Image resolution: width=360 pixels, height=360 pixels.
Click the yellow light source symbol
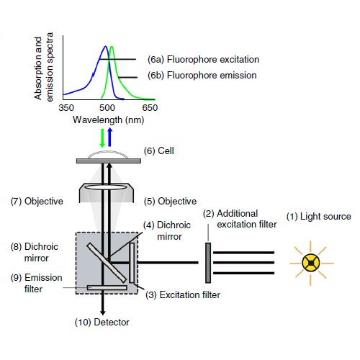coord(311,264)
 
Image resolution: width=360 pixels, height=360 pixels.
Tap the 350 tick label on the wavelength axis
coord(66,108)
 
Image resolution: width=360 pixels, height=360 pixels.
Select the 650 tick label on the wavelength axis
coord(150,108)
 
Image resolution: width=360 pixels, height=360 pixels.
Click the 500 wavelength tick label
coord(107,108)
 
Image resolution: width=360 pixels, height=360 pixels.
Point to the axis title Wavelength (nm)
coord(109,120)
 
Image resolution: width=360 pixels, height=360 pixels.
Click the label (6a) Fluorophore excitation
coord(203,60)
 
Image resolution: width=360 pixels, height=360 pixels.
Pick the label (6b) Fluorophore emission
coord(202,76)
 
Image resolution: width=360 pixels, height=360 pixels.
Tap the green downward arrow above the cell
coord(102,138)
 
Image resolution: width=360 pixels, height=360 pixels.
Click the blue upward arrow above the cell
coord(109,137)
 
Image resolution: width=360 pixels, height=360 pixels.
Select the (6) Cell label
coord(159,151)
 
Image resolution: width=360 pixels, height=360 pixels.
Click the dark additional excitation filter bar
coord(208,263)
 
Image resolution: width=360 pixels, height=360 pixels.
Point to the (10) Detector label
coord(102,323)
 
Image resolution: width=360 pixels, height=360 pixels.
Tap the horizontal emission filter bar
coord(107,287)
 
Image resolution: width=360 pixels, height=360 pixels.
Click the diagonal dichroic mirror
coord(107,263)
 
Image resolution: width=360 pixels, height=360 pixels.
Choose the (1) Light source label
coord(319,217)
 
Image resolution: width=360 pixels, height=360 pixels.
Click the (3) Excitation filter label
coord(183,295)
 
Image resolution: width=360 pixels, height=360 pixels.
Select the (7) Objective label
coord(37,202)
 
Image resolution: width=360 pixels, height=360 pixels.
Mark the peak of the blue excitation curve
coord(105,46)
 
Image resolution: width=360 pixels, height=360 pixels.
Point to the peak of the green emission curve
coord(112,46)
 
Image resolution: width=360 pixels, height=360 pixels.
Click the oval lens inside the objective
coord(106,187)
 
